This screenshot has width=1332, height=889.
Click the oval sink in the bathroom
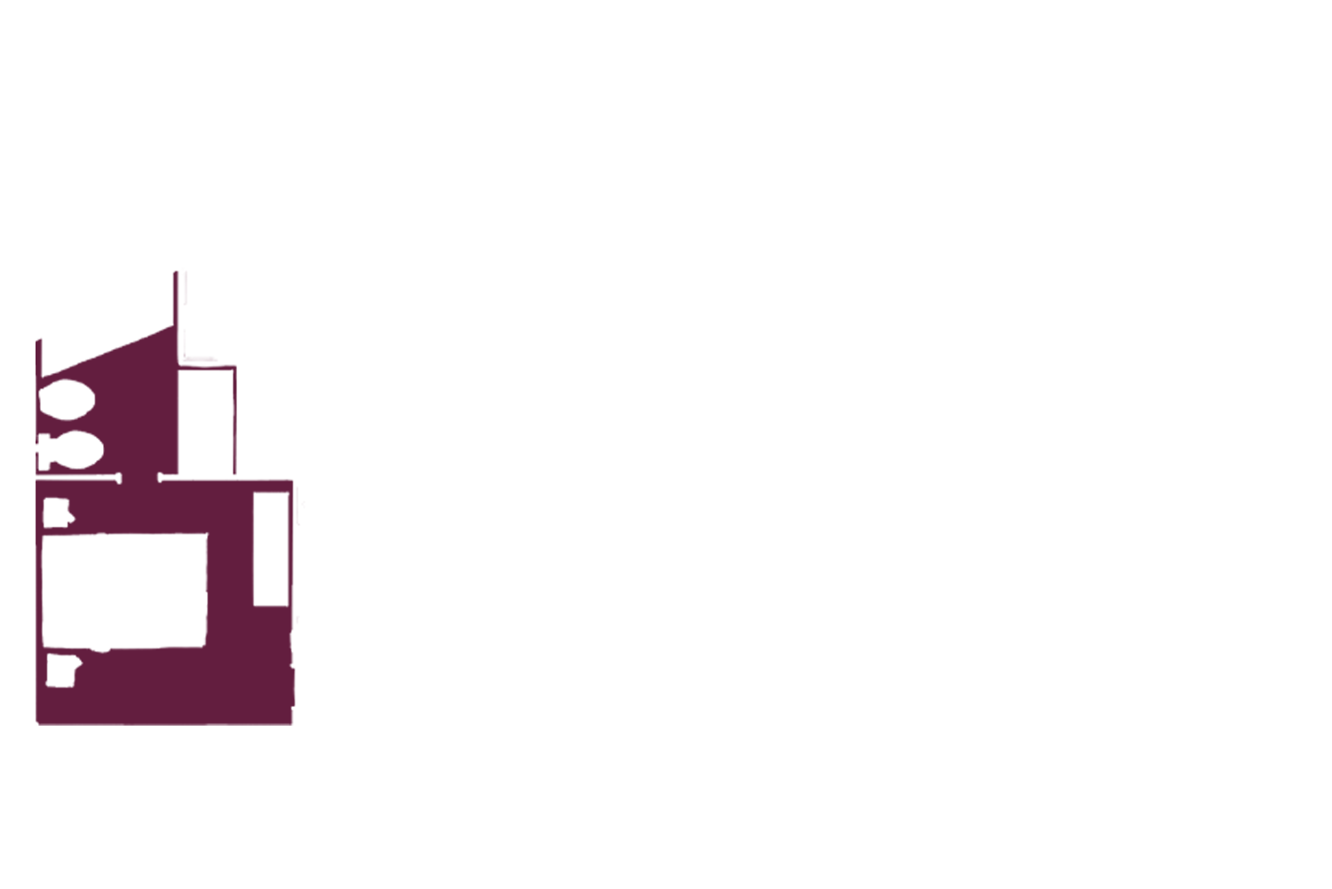(x=67, y=401)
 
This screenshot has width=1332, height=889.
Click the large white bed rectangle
(x=124, y=591)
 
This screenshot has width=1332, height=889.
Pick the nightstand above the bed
(x=57, y=512)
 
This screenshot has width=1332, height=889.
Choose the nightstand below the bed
(x=61, y=671)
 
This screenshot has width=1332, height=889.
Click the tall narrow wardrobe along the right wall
(x=271, y=550)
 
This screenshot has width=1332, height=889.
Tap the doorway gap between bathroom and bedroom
(x=139, y=480)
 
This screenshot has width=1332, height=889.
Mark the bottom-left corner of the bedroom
(x=38, y=722)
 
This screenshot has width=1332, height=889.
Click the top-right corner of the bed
(x=206, y=536)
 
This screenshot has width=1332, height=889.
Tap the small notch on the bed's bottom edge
(x=102, y=648)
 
